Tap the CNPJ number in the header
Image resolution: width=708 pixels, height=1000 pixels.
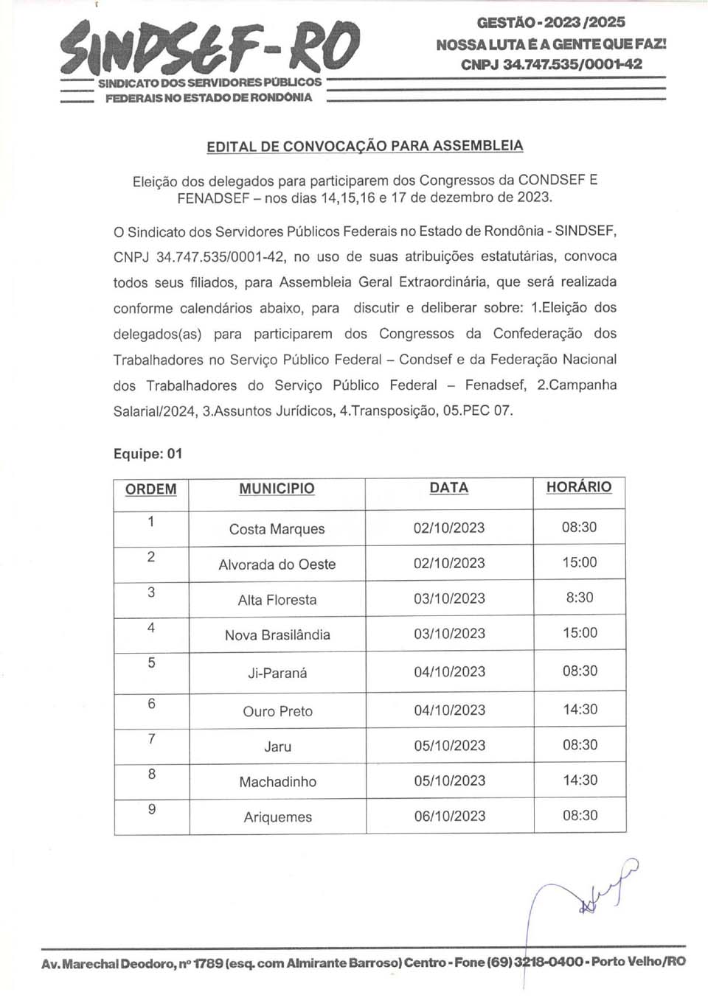tap(551, 64)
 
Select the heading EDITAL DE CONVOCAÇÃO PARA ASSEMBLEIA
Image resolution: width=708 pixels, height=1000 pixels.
tap(365, 146)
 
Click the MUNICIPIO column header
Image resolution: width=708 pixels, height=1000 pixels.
tap(277, 489)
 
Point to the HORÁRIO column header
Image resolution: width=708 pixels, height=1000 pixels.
tap(579, 487)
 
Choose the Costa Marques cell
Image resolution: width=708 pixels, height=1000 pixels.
tap(277, 529)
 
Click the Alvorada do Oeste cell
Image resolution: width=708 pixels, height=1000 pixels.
tap(277, 564)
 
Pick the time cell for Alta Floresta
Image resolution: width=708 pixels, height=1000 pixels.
tap(580, 598)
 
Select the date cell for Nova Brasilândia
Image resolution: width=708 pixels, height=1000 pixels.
tap(449, 634)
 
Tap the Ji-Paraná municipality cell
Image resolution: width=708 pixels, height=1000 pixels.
tap(277, 673)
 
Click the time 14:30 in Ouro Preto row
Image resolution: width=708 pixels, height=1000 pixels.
tap(580, 710)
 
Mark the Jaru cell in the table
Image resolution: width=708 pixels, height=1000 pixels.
tap(277, 746)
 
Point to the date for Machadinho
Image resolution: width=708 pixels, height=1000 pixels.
tap(449, 780)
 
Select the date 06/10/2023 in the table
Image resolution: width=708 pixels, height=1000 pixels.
tap(449, 816)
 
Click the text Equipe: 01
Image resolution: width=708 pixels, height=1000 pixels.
tap(147, 454)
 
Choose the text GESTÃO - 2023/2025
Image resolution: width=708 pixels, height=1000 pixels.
tap(550, 23)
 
